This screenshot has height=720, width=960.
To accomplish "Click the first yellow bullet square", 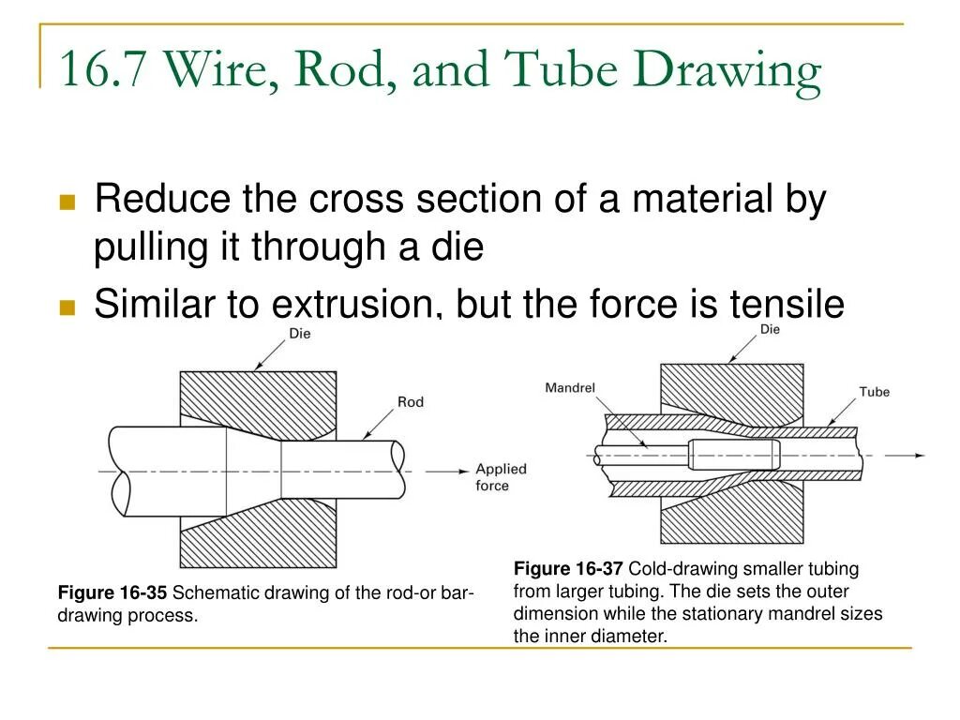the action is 67,202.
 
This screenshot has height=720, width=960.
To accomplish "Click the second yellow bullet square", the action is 67,307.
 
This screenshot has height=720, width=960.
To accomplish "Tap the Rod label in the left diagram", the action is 411,402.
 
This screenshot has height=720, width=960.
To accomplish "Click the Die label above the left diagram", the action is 300,334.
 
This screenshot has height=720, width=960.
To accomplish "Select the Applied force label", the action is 501,477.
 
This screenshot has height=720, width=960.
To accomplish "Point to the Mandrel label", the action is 570,388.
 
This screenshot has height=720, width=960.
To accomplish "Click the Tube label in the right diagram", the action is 874,392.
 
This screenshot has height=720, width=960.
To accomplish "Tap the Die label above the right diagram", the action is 769,330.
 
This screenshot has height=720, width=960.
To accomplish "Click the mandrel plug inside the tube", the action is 733,455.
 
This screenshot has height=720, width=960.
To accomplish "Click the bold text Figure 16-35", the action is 112,592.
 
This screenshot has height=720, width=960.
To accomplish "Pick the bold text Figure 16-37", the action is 568,569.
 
